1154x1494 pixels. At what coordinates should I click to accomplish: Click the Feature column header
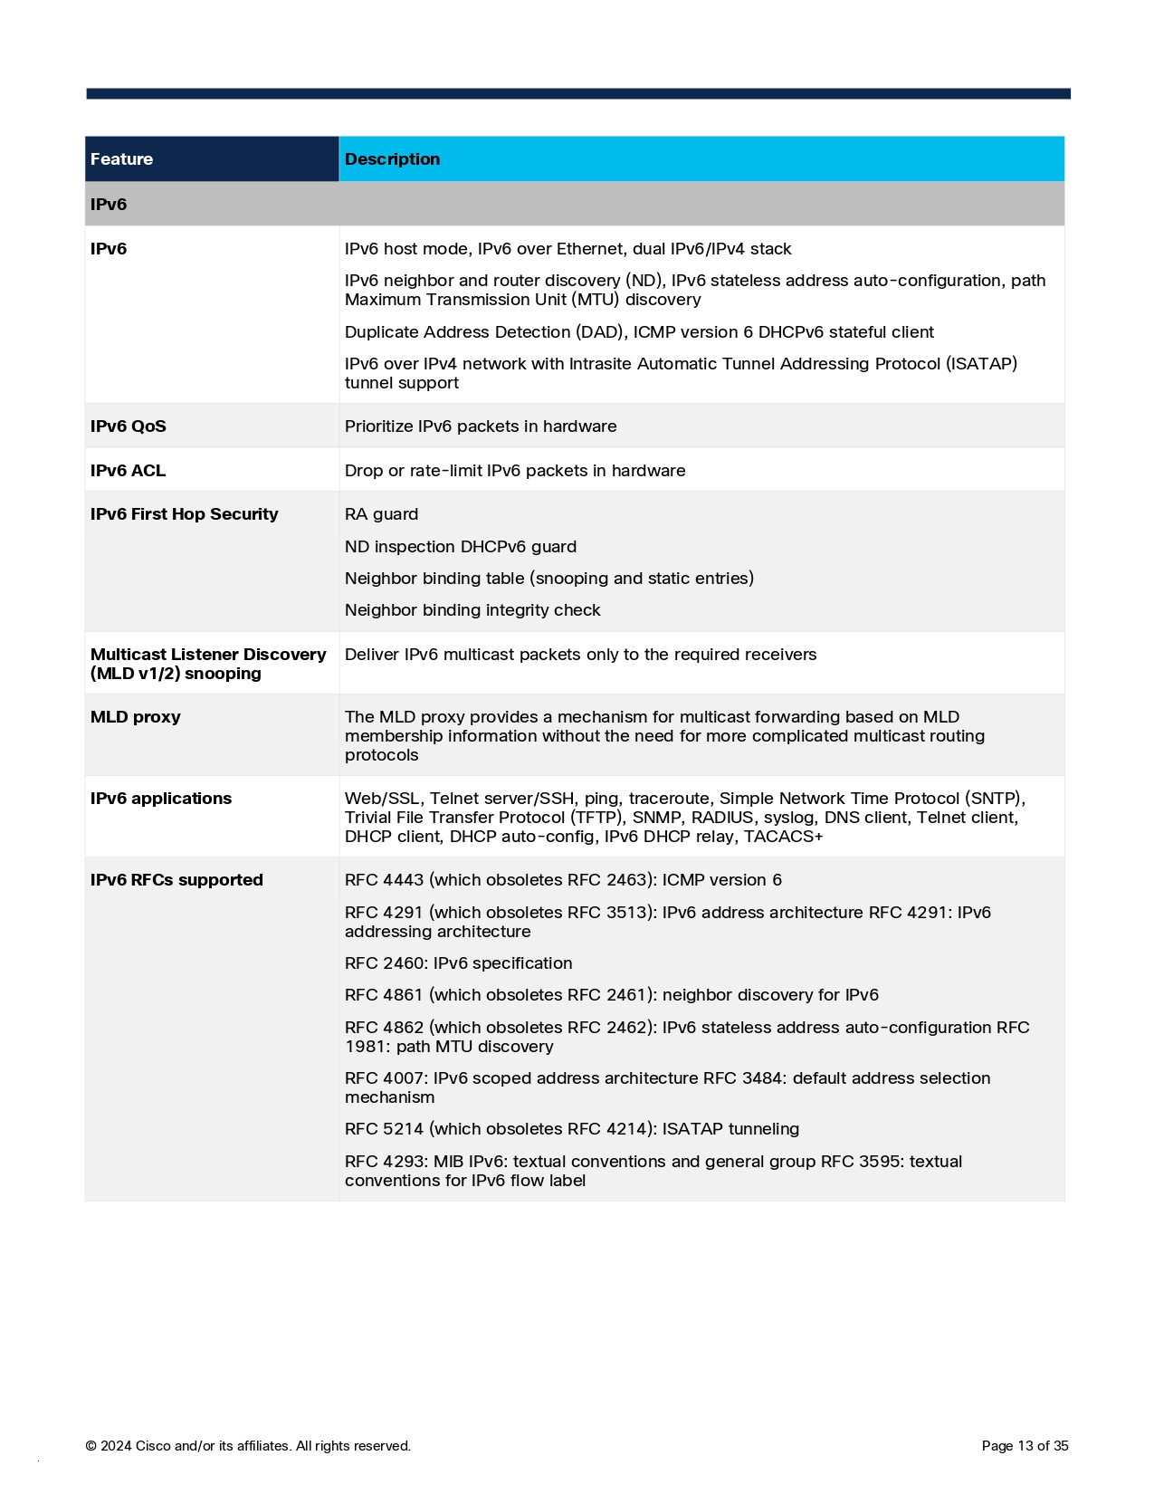click(x=122, y=159)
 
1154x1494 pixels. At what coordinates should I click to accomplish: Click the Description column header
click(x=392, y=159)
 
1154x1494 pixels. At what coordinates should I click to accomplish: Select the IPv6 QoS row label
click(x=129, y=426)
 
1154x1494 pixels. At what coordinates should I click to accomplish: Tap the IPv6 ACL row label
click(x=129, y=471)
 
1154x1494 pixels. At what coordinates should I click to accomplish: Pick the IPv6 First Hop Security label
click(x=185, y=514)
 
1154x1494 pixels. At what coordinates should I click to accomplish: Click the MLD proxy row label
click(x=136, y=717)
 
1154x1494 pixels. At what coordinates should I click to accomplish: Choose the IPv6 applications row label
click(x=161, y=799)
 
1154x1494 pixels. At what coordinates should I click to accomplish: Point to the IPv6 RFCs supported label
click(x=176, y=880)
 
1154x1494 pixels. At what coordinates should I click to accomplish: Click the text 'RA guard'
click(x=381, y=514)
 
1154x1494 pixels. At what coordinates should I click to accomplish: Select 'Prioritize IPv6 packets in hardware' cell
click(x=481, y=426)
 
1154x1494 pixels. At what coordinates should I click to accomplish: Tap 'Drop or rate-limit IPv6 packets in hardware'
click(x=515, y=471)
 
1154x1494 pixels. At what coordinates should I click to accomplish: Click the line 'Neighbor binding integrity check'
click(x=472, y=610)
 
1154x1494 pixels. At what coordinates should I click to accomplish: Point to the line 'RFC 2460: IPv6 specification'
click(x=458, y=963)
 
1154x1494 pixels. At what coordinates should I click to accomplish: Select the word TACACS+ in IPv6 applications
click(x=783, y=837)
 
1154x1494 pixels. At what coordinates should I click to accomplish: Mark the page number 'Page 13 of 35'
click(x=1025, y=1446)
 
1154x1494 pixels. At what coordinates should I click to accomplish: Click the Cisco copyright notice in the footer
click(x=248, y=1446)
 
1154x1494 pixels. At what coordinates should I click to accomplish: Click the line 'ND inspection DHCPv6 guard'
click(x=461, y=547)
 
